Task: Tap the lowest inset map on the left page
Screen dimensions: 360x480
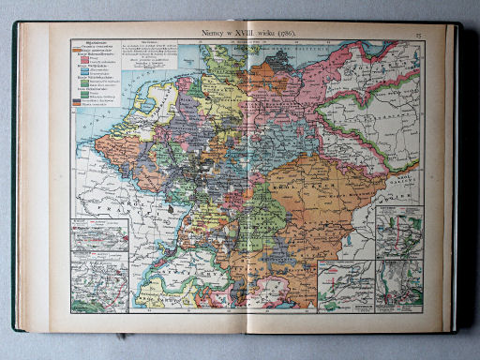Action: coord(100,285)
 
